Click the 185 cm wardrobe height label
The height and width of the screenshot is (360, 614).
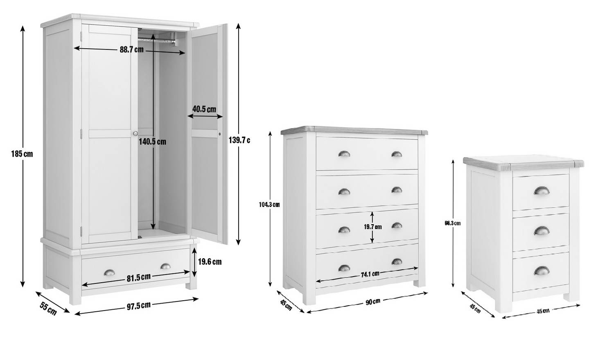point(22,154)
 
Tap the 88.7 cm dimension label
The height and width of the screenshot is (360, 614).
point(131,49)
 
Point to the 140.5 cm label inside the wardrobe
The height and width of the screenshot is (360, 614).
point(152,142)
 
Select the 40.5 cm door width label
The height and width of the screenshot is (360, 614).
point(204,109)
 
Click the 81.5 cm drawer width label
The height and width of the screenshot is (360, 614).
point(138,278)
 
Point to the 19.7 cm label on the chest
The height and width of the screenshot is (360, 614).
point(372,227)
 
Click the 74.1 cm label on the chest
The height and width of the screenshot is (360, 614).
point(370,274)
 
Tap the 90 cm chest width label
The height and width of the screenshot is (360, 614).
point(372,301)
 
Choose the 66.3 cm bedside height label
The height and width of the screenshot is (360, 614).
point(452,223)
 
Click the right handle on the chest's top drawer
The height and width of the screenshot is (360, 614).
point(397,154)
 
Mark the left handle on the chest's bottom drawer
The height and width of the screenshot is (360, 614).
point(344,268)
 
